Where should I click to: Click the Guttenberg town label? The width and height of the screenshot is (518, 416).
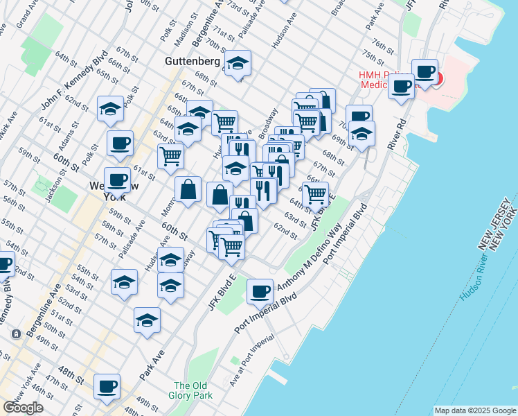[193, 61]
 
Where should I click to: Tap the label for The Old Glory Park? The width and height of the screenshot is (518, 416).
[190, 391]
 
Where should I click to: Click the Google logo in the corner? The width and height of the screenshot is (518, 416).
[24, 408]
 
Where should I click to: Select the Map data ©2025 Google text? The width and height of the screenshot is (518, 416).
[475, 410]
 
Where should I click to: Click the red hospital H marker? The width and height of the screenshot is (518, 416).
[436, 76]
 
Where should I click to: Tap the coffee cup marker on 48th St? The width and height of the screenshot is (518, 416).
[107, 385]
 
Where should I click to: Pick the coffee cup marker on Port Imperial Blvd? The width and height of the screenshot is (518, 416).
[260, 291]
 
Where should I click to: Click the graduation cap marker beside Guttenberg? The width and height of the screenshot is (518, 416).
[238, 64]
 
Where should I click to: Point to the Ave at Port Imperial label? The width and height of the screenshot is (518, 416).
[251, 360]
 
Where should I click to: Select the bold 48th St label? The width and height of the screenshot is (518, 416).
[71, 372]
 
